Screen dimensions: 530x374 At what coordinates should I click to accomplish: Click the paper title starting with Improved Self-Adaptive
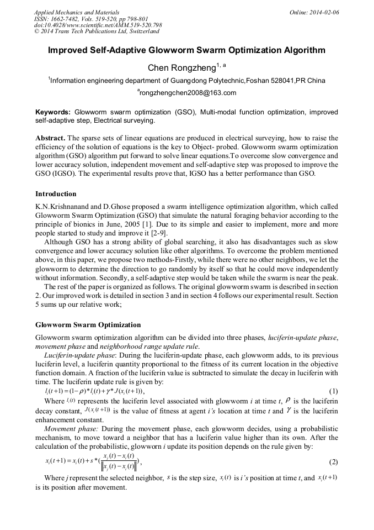186,50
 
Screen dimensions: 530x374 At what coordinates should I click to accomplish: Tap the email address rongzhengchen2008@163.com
188,93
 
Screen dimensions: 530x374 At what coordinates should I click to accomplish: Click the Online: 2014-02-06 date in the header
314,12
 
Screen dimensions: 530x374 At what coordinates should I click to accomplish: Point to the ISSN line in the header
90,19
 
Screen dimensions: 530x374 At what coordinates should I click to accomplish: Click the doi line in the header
98,25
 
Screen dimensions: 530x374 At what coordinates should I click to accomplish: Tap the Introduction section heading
56,194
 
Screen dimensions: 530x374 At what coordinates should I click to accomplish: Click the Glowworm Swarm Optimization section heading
88,324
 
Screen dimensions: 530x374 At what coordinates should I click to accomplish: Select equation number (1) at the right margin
333,391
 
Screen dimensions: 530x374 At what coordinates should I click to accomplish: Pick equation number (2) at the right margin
333,461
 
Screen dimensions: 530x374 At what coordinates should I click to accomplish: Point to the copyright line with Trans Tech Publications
97,32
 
